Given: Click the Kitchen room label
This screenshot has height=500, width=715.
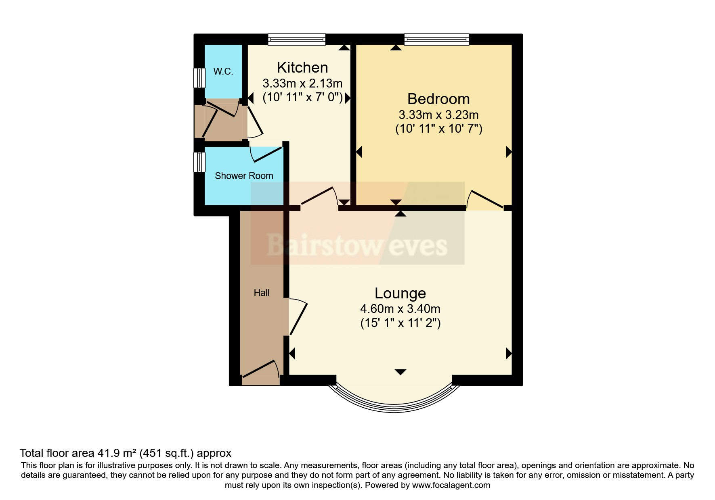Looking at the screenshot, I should pyautogui.click(x=302, y=67).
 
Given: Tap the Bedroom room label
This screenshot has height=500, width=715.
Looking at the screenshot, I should pyautogui.click(x=438, y=99).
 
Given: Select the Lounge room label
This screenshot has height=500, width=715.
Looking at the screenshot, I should pyautogui.click(x=400, y=293).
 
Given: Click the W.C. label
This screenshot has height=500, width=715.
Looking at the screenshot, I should pyautogui.click(x=223, y=71).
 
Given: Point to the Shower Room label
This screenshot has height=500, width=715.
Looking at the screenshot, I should pyautogui.click(x=244, y=176).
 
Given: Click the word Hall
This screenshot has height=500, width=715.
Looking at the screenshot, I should pyautogui.click(x=262, y=293).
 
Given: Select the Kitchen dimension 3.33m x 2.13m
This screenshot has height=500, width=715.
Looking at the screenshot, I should pyautogui.click(x=302, y=83).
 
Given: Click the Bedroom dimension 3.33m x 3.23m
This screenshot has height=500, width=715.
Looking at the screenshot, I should pyautogui.click(x=438, y=115).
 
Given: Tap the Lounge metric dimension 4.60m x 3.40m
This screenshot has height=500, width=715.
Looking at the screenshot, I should pyautogui.click(x=400, y=309).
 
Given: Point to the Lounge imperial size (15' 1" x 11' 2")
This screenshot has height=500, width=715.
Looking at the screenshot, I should pyautogui.click(x=400, y=323).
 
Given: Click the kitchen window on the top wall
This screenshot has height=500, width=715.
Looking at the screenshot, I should pyautogui.click(x=297, y=39).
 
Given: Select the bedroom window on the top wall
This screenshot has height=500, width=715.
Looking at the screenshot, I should pyautogui.click(x=436, y=39).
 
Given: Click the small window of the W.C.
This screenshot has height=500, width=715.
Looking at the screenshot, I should pyautogui.click(x=199, y=78).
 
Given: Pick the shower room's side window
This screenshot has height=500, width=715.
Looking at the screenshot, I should pyautogui.click(x=199, y=162).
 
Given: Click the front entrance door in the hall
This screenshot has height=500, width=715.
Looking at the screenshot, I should pyautogui.click(x=260, y=370).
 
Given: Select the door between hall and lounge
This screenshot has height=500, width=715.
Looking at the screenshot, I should pyautogui.click(x=298, y=317).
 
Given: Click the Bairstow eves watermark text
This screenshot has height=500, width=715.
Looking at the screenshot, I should pyautogui.click(x=357, y=246).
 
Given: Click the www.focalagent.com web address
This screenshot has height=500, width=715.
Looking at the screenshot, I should pyautogui.click(x=451, y=485).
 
